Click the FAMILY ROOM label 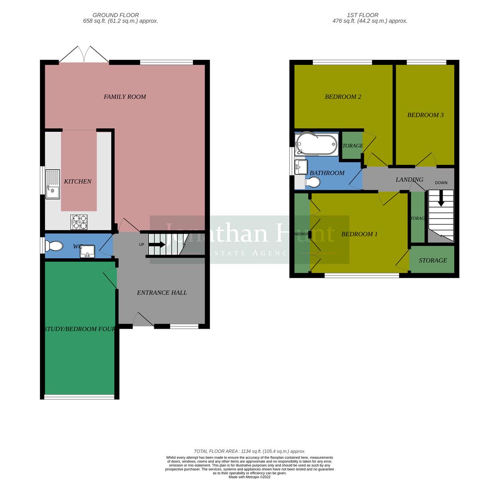pyautogui.click(x=125, y=97)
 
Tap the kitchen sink pyautogui.click(x=52, y=184)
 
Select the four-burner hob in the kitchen pyautogui.click(x=79, y=222)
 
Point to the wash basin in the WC pyautogui.click(x=87, y=251)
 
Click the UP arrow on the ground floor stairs pyautogui.click(x=157, y=244)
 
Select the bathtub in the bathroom pyautogui.click(x=317, y=144)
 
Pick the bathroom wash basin pyautogui.click(x=301, y=167)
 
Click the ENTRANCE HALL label pyautogui.click(x=161, y=293)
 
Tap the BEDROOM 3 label pyautogui.click(x=425, y=115)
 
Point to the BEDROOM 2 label pyautogui.click(x=343, y=97)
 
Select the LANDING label pyautogui.click(x=409, y=180)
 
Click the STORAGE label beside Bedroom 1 pyautogui.click(x=432, y=260)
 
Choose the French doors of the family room pyautogui.click(x=84, y=55)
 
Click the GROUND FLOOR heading pyautogui.click(x=116, y=15)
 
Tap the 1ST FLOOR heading pyautogui.click(x=363, y=15)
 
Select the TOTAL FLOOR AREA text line pyautogui.click(x=249, y=451)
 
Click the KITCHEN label pyautogui.click(x=78, y=181)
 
